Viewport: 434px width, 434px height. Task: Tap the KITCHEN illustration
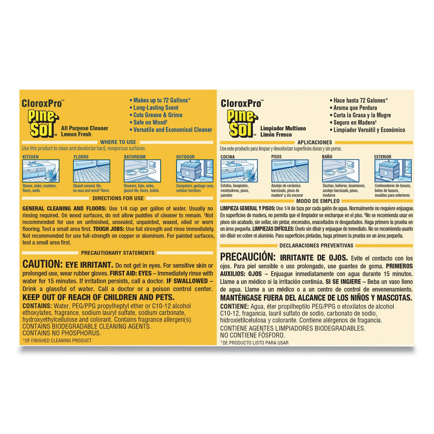[41, 171]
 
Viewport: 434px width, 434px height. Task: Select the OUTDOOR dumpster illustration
[195, 171]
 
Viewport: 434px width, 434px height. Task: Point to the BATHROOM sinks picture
[142, 171]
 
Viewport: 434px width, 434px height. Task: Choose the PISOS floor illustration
[290, 171]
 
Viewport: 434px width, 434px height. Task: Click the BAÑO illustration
[341, 171]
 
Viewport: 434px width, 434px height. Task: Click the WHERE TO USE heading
[118, 142]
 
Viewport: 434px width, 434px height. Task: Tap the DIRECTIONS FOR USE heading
[118, 198]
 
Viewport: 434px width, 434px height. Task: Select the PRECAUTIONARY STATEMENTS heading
[118, 253]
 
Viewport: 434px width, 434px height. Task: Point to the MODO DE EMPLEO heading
[318, 201]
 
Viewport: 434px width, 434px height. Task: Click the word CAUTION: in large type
[43, 264]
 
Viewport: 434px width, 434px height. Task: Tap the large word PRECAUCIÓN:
[248, 256]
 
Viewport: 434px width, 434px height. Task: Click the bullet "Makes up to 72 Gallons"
[160, 100]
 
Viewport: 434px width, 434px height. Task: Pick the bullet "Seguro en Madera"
[353, 122]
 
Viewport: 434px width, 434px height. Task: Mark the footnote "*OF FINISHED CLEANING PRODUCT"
[57, 340]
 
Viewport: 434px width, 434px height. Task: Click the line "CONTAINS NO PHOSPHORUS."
[61, 333]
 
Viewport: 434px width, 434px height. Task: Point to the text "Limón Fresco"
[276, 134]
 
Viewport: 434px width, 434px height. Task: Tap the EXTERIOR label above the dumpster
[383, 157]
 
